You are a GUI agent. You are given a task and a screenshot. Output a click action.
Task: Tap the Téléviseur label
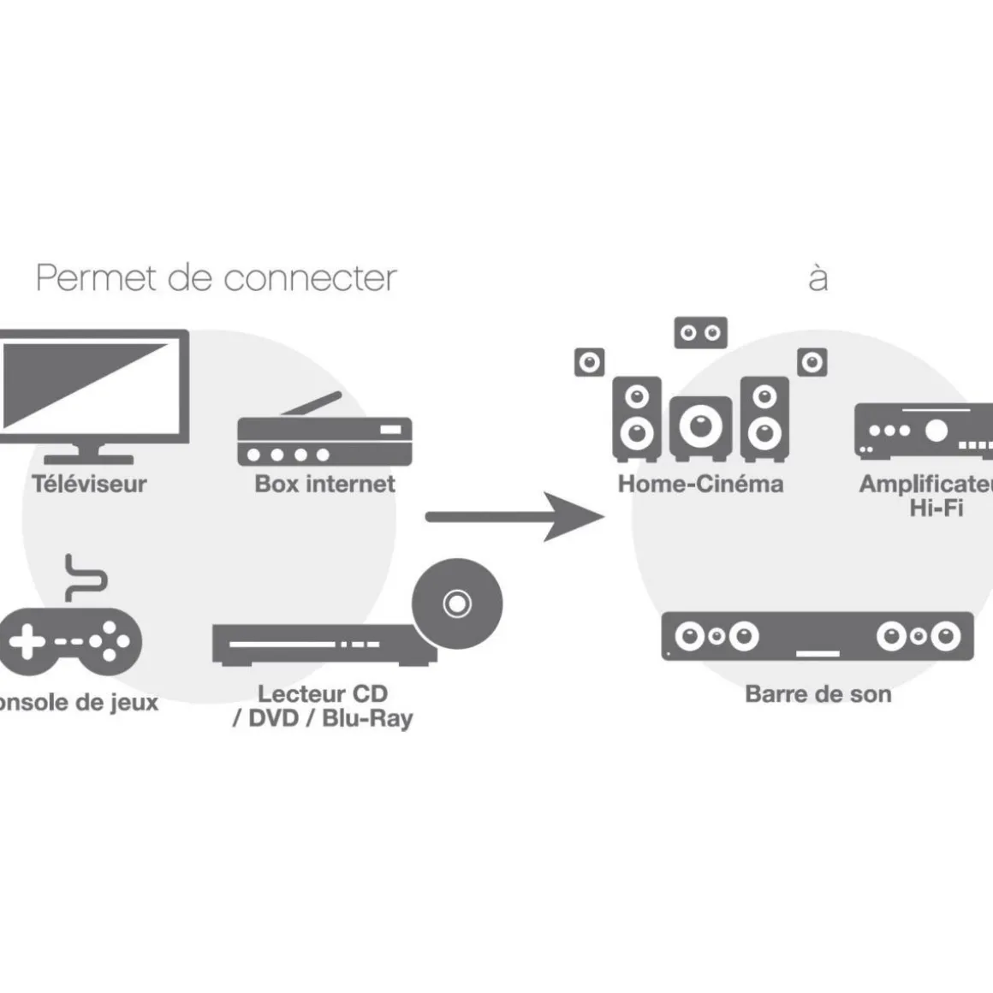[x=90, y=485]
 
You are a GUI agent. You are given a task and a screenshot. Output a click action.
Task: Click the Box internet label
[x=324, y=485]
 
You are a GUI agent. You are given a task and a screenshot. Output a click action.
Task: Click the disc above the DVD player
[x=457, y=604]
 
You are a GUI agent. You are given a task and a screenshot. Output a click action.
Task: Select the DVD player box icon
[x=324, y=645]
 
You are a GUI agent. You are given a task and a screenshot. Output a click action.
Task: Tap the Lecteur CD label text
[x=323, y=694]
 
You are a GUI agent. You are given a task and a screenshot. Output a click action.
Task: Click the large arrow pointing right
[x=514, y=516]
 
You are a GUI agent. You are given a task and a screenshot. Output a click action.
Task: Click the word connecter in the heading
[x=310, y=279]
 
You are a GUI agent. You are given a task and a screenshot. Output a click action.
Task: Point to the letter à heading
[x=818, y=277]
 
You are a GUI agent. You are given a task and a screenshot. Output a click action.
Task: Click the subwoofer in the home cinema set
[x=700, y=425]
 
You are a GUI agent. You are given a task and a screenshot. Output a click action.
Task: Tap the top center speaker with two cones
[x=700, y=333]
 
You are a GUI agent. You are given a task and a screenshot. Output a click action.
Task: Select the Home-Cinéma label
[x=700, y=485]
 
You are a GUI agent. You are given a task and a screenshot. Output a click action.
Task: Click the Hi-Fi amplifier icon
[x=923, y=431]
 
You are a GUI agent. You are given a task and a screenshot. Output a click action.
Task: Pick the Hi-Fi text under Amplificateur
[x=936, y=508]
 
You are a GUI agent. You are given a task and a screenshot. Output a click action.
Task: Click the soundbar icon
[x=818, y=637]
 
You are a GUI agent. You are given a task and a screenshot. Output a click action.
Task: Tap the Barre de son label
[x=818, y=694]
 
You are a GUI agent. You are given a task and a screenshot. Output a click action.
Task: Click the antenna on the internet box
[x=314, y=404]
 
